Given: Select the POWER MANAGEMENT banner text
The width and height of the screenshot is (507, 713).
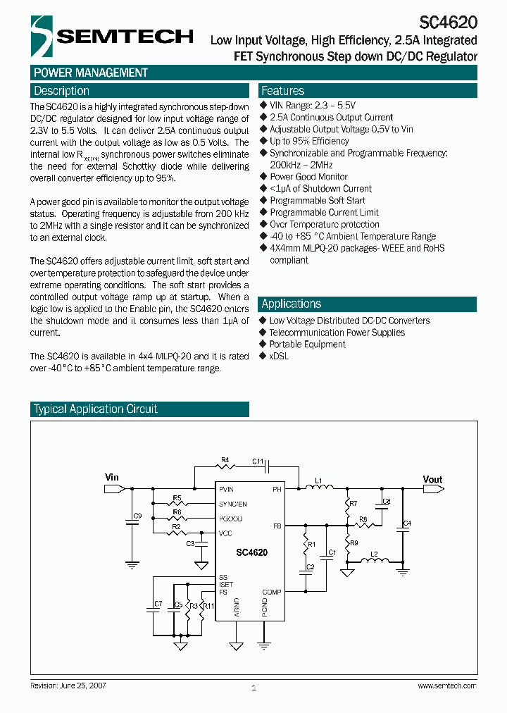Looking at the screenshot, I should pos(91,73).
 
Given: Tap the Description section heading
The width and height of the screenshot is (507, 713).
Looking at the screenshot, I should pos(62,91).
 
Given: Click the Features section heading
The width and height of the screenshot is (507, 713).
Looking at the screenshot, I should pos(282,91).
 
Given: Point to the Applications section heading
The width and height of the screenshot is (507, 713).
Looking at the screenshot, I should pos(291,304).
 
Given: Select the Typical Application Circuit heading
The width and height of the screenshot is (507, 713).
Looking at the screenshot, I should pos(96,409).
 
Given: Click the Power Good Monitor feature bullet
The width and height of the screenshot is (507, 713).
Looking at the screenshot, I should pos(308,177).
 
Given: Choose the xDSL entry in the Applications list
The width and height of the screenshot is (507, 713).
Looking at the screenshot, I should pos(279,356).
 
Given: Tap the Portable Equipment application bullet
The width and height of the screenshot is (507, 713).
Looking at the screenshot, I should pos(307,345).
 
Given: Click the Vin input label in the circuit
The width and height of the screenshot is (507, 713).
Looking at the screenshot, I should pos(112,478).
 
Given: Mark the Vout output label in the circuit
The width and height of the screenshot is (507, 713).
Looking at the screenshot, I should pos(432,480).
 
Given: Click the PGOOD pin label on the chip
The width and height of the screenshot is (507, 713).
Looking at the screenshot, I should pos(231,519).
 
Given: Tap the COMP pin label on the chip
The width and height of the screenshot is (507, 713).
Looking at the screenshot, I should pos(272,593).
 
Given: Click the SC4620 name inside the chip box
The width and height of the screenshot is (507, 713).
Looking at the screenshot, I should pos(251,553).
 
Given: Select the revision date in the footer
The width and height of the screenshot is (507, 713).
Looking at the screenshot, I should pos(68,686).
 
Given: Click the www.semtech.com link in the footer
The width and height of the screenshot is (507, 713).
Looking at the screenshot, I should pos(446,686).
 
